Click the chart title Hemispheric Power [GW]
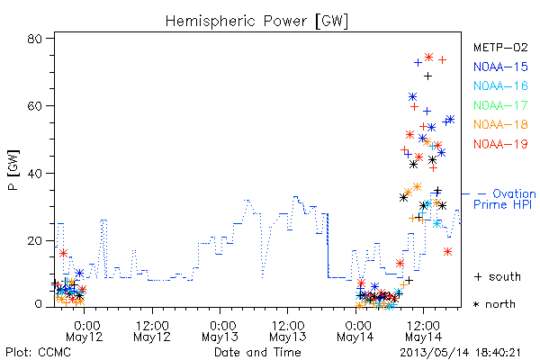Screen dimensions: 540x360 click(x=256, y=22)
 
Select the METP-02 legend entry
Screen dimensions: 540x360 click(x=500, y=48)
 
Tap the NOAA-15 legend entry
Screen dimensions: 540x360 click(x=500, y=67)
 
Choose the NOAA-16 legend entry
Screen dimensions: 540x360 click(x=500, y=85)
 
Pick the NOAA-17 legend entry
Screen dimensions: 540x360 click(x=500, y=105)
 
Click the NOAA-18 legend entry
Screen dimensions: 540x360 click(x=500, y=124)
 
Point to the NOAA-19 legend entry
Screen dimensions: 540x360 click(x=500, y=144)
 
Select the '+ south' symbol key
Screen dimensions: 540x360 click(x=498, y=276)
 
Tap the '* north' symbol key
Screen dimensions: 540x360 click(x=494, y=304)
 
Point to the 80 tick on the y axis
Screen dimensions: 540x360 click(x=34, y=39)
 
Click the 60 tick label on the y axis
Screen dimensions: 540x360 click(x=34, y=106)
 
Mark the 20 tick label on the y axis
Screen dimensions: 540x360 click(x=34, y=240)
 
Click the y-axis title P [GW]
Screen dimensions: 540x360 click(x=13, y=170)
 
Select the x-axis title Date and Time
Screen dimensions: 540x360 click(x=257, y=352)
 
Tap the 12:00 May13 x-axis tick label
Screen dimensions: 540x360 click(x=288, y=331)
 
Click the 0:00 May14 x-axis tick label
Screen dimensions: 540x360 click(x=355, y=331)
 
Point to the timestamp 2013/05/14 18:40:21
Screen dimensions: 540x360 click(x=460, y=353)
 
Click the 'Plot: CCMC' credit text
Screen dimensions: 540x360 click(x=38, y=352)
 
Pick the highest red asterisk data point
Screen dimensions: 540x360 click(x=428, y=58)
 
